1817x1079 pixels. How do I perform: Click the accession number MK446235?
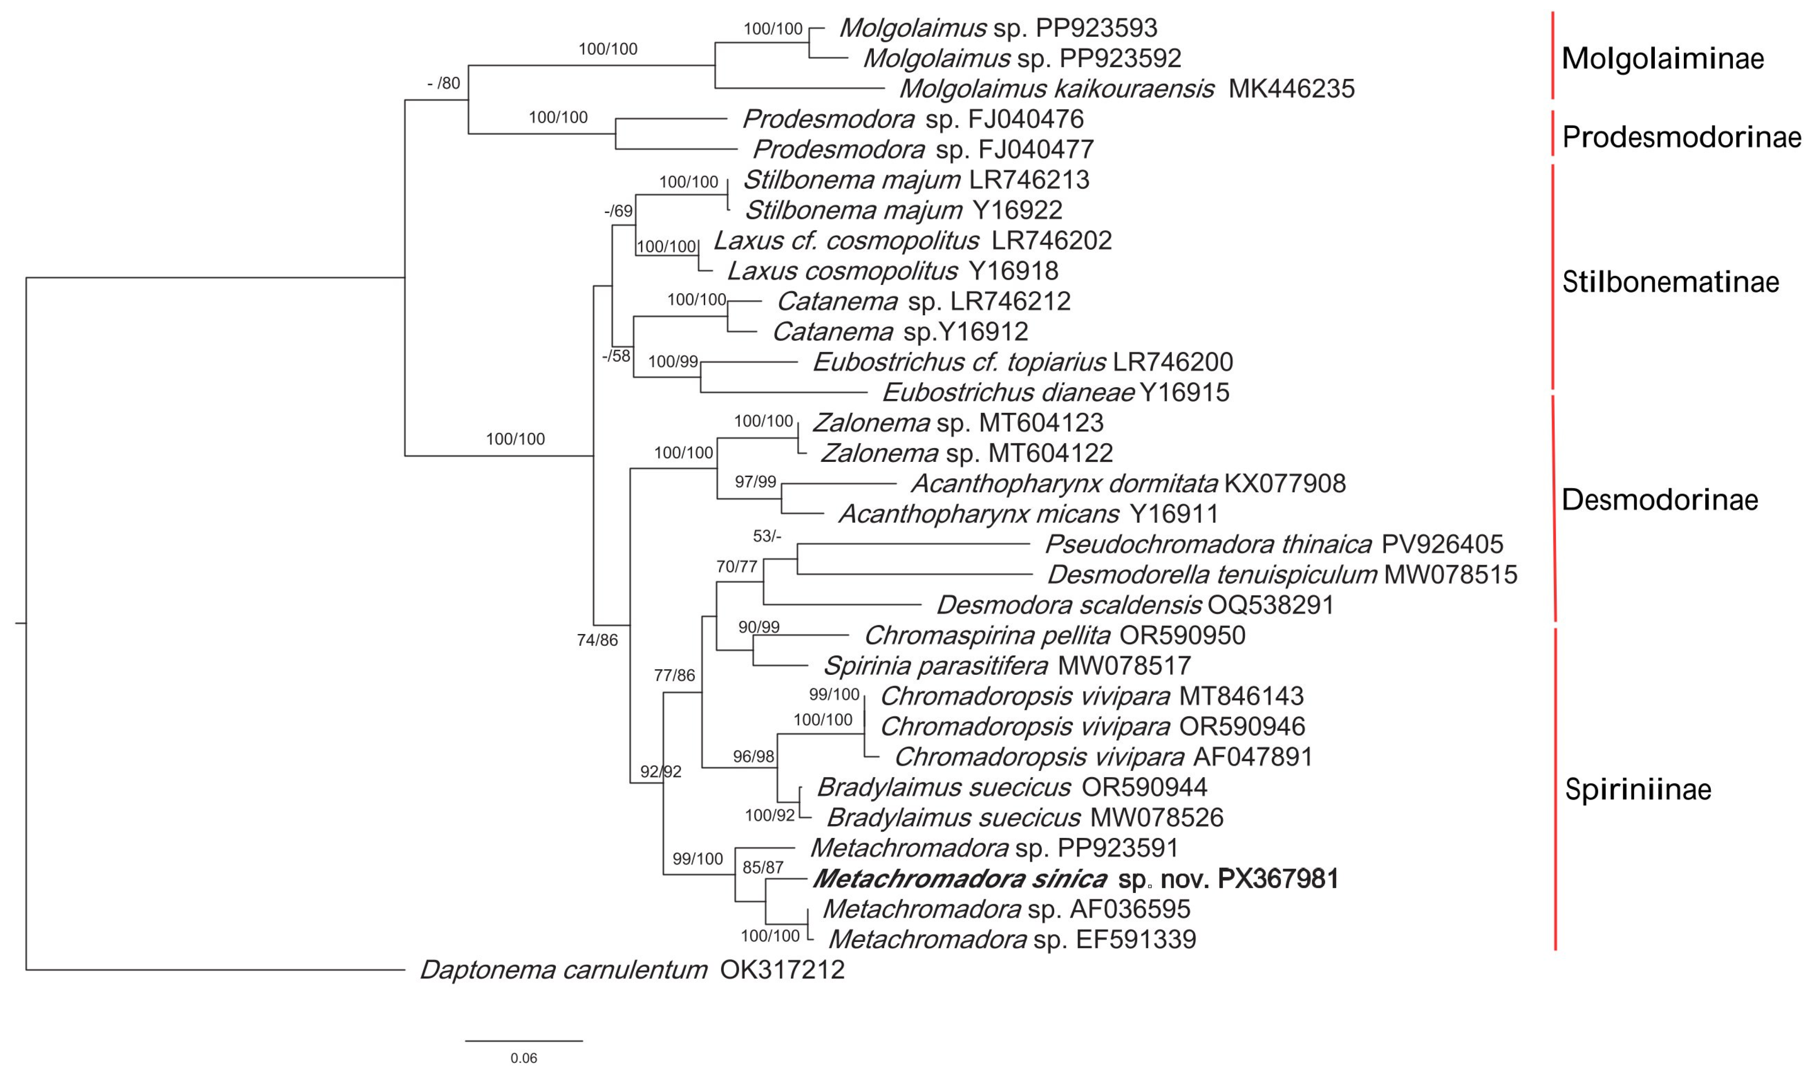(x=1291, y=89)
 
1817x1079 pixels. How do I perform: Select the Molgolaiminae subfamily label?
(x=1662, y=58)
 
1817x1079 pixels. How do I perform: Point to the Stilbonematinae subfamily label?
(x=1670, y=282)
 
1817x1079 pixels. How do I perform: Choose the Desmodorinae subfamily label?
(x=1659, y=500)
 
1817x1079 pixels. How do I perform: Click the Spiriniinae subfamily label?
(x=1637, y=789)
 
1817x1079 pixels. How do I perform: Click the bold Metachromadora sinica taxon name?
(x=959, y=879)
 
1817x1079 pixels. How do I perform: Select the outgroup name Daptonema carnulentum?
(x=563, y=970)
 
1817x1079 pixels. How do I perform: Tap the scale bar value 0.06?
(x=523, y=1058)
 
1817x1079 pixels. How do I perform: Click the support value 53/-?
(x=767, y=536)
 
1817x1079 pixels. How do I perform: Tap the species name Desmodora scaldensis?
(x=1069, y=605)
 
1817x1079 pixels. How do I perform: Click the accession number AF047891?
(x=1253, y=757)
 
